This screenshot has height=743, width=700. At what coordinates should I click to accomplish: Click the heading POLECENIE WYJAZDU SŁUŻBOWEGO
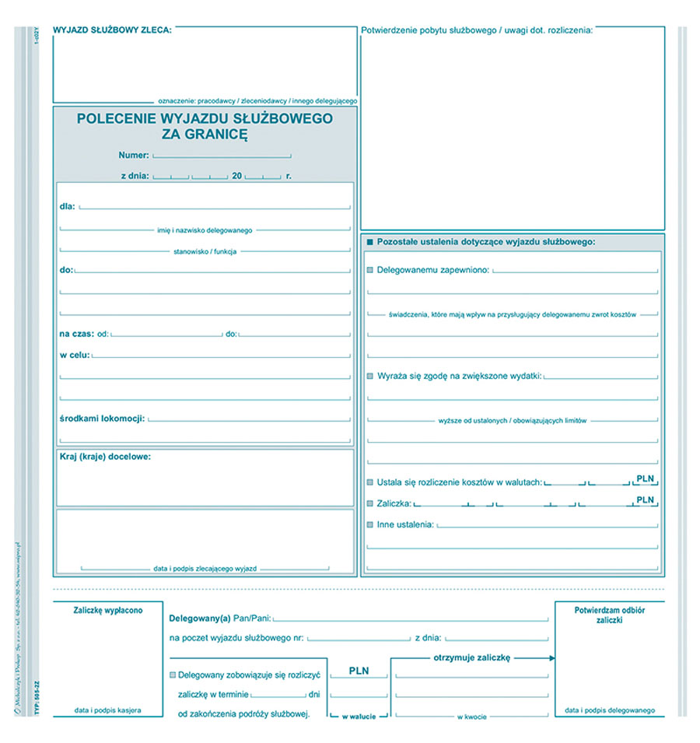[205, 118]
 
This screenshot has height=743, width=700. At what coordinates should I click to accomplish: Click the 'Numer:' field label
[134, 156]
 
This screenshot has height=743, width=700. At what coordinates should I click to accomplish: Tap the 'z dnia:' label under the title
[135, 176]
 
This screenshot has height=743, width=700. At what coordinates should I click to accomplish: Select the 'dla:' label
[67, 206]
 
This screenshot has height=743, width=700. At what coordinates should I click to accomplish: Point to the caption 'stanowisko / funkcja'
[205, 251]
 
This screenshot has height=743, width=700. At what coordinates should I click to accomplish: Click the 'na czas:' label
[76, 334]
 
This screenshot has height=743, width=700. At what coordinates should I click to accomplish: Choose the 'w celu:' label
[74, 355]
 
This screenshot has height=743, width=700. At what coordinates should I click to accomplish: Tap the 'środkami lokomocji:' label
[102, 418]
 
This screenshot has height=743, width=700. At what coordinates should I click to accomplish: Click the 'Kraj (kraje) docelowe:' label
[105, 457]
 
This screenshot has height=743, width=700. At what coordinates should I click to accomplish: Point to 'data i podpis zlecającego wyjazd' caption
[205, 569]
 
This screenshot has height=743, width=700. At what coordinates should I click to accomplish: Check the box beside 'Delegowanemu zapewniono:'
[370, 270]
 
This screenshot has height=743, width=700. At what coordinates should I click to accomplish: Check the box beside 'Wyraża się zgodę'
[370, 376]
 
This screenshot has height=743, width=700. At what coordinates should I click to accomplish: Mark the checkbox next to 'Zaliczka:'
[370, 503]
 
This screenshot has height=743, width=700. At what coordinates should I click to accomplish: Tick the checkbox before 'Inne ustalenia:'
[370, 524]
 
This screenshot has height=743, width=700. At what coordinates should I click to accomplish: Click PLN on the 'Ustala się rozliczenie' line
[646, 478]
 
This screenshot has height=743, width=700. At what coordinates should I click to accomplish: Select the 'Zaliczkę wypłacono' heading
[108, 611]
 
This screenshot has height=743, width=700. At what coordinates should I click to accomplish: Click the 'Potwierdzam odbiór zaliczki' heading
[610, 615]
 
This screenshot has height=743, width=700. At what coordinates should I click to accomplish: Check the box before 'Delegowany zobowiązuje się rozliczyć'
[173, 675]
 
